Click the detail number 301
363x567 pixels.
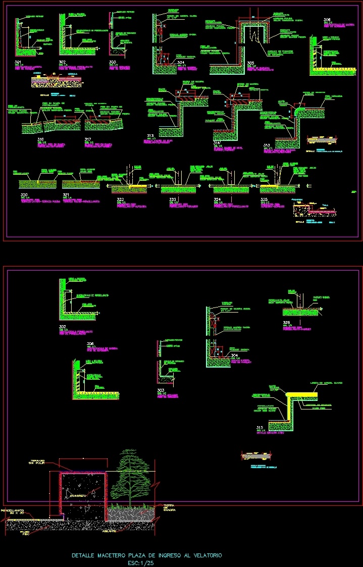point(19,62)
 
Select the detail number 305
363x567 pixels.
point(250,63)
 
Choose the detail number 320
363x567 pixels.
point(24,194)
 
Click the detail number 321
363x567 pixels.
point(66,194)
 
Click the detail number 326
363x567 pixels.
point(287,322)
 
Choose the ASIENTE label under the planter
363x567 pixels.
point(110,531)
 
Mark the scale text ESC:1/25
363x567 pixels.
point(141,562)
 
